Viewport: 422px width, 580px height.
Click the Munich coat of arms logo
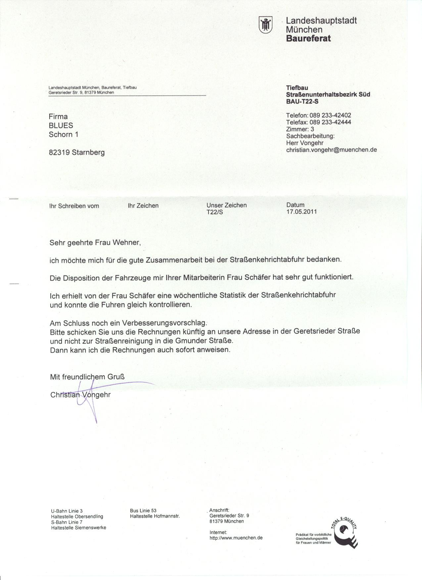coord(266,25)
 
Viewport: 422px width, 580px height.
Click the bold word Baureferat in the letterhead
coord(308,38)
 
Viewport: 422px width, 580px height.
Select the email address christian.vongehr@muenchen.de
coord(331,150)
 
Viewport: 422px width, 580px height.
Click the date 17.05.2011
coord(302,212)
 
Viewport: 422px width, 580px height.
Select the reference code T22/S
coord(214,212)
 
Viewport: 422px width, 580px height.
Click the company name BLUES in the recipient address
coord(61,126)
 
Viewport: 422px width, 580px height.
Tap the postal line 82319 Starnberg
coord(76,152)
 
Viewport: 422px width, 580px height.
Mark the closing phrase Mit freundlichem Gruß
coord(87,377)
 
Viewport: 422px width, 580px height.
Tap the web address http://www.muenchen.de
coord(236,538)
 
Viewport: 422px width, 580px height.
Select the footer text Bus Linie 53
coord(143,511)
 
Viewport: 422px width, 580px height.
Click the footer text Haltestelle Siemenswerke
coord(78,528)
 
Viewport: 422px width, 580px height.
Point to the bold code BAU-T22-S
coord(302,102)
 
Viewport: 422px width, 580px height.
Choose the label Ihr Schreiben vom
coord(74,206)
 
